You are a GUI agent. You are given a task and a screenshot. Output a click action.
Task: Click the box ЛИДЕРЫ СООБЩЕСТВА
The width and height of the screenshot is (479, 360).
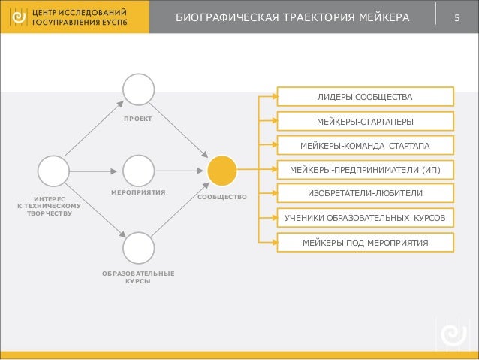click(x=365, y=97)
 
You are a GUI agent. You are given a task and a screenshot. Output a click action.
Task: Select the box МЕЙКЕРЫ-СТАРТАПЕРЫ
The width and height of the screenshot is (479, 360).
click(x=365, y=121)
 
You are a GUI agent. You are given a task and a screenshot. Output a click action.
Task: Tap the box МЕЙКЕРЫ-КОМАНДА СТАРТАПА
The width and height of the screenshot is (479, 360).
click(x=365, y=145)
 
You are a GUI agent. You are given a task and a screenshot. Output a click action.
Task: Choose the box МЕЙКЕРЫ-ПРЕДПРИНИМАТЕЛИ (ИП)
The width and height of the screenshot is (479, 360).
click(x=365, y=169)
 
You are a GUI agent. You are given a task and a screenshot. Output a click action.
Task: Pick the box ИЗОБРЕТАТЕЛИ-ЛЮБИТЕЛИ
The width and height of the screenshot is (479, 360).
click(x=365, y=193)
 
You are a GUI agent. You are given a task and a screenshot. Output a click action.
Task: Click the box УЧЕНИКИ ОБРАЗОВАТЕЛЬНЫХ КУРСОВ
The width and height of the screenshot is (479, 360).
click(x=365, y=218)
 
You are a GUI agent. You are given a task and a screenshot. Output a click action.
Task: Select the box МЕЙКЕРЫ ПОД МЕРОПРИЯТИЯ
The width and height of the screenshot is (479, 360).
click(x=365, y=242)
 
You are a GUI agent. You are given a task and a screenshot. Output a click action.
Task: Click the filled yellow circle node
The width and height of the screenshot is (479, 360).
click(x=222, y=171)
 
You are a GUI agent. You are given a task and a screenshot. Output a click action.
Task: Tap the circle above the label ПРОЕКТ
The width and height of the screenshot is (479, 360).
click(x=139, y=89)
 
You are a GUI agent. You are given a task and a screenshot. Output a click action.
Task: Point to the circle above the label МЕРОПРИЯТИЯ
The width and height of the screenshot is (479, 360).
click(x=139, y=171)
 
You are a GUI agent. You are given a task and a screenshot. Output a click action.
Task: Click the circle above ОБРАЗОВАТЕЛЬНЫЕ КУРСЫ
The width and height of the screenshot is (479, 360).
click(x=139, y=247)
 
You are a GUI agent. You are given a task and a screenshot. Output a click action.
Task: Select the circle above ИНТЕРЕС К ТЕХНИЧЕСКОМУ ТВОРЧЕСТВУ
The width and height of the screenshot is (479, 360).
click(x=54, y=171)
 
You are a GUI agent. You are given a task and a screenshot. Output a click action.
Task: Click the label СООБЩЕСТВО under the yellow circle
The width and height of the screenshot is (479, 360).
click(x=222, y=197)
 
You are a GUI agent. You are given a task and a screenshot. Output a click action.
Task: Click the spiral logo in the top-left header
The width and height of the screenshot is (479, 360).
click(x=17, y=17)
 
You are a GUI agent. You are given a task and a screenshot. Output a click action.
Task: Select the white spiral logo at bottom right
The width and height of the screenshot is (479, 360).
click(x=453, y=334)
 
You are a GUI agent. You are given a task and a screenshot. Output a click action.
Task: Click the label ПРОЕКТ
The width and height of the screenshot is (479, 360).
click(x=139, y=119)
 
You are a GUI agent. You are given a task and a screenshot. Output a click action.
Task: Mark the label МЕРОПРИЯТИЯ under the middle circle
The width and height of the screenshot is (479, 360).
click(x=139, y=193)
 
